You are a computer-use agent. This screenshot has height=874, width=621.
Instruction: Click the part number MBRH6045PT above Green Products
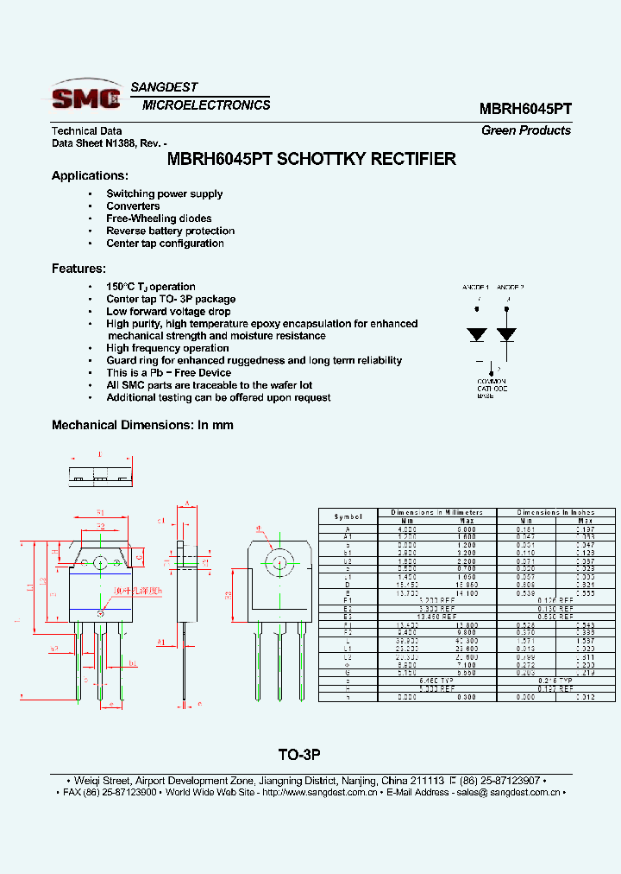pos(525,110)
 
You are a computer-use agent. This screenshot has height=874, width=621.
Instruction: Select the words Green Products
pos(526,130)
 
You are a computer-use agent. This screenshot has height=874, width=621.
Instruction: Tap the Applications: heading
pos(90,176)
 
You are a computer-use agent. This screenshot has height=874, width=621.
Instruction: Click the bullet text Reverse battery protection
pos(170,231)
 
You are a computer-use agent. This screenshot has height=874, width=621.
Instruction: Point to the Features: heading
pos(78,269)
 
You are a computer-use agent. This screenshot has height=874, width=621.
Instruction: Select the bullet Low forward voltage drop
pos(168,311)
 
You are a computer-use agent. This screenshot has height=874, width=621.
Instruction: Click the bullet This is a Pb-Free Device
pos(168,373)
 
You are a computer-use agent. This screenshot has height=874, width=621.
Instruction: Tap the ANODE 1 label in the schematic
pos(475,287)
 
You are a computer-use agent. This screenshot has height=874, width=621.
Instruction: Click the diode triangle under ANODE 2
pos(507,333)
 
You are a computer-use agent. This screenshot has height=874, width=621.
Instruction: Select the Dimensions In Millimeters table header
pos(436,512)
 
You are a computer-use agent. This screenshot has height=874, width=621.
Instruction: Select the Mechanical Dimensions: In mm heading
pos(142,425)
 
